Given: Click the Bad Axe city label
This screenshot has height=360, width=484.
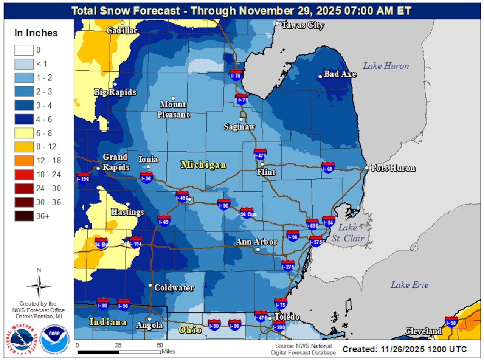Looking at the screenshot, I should coord(340,74).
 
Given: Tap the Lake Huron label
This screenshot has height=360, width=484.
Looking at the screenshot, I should coord(386,66).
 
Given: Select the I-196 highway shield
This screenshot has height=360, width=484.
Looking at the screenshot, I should coord(83,178).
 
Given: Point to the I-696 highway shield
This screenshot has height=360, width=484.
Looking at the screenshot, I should coord(312,224).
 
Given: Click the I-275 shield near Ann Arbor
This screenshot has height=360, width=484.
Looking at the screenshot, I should coord(288,265).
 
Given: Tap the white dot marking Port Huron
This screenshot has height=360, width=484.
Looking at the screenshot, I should coord(367,168).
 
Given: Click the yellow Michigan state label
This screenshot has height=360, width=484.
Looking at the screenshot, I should coord(203,165).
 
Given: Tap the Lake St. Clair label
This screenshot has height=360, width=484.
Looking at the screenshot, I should coord(351,233).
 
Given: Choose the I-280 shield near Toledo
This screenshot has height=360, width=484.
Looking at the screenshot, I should coord(279,326).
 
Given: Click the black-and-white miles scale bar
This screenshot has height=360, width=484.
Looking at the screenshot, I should coord(119,352).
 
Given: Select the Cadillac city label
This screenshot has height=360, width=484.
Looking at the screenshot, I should coord(122,30).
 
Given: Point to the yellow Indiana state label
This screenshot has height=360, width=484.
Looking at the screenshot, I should coord(108,323).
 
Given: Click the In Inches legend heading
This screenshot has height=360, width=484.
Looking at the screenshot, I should coord(36,33).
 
